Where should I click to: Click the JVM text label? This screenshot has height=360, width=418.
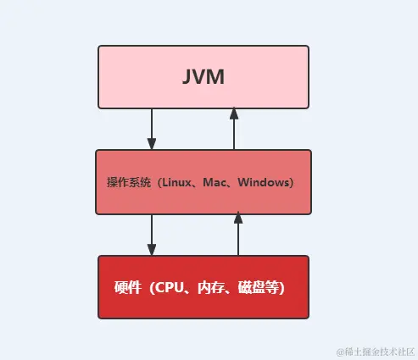[203, 77]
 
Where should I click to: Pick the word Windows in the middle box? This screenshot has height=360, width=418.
[264, 183]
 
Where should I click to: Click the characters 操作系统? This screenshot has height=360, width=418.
[126, 183]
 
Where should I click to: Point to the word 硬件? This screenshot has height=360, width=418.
[126, 288]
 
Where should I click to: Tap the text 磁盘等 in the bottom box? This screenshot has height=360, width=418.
[254, 288]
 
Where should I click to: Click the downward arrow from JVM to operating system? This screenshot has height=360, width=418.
[152, 127]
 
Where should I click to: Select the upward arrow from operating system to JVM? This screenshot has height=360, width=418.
[235, 131]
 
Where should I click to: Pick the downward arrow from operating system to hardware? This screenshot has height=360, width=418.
[152, 233]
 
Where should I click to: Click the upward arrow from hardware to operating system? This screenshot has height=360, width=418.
[238, 237]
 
